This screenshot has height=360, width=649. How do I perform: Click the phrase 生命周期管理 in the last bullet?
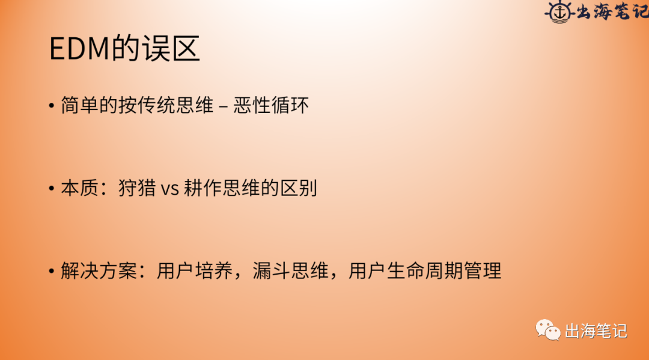[444, 271]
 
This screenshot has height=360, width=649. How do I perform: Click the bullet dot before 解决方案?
[52, 272]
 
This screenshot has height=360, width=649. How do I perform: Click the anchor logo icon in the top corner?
[559, 12]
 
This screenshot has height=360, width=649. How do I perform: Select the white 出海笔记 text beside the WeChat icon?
[596, 331]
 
